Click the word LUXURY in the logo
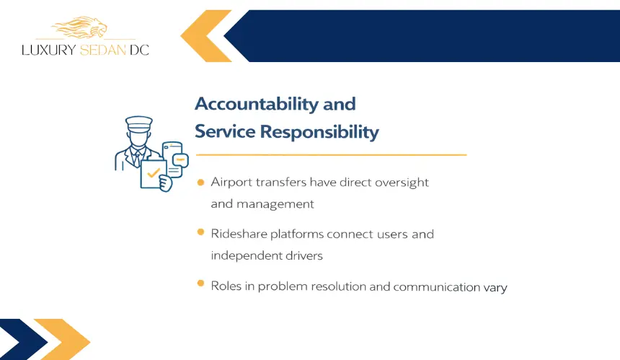pos(48,50)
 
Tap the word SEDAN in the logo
pos(103,50)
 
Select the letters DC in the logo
pos(140,50)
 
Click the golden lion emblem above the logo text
pos(79,27)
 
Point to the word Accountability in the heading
pos(257,104)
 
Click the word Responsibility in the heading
pos(319,132)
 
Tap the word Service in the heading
pos(225,131)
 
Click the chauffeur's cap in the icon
pos(139,123)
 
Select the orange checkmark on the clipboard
pos(153,173)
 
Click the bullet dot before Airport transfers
pos(201,183)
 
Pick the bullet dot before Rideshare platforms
pos(201,232)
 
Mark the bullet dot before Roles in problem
pos(201,284)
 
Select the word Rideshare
pos(239,234)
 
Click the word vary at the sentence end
pos(495,287)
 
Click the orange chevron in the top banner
pos(205,36)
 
